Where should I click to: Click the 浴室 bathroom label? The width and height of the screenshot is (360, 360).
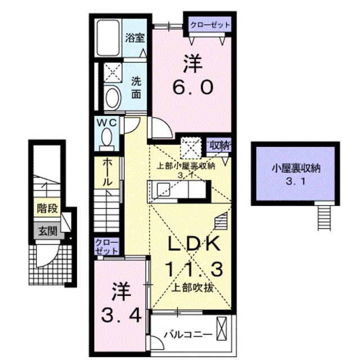[x=135, y=39]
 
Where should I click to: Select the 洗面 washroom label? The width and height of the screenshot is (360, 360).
[x=136, y=88]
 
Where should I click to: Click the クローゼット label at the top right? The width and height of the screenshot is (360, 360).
[x=209, y=25]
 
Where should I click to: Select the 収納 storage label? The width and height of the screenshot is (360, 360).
[x=220, y=145]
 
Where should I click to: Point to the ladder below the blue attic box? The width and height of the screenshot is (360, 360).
[x=325, y=216]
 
